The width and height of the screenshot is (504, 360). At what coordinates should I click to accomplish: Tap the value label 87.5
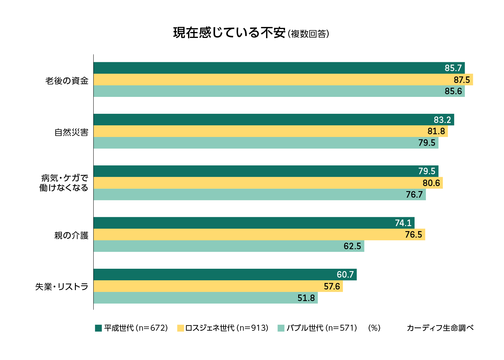(462, 80)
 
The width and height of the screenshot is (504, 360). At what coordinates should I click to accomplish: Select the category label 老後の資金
(67, 81)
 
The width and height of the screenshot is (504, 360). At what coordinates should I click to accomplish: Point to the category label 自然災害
(71, 132)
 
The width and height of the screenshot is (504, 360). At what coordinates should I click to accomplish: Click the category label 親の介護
(71, 235)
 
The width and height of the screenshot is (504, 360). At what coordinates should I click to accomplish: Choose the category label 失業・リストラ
(62, 287)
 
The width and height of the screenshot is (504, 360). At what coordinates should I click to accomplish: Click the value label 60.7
(345, 275)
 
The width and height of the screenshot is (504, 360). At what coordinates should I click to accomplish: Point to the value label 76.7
(414, 195)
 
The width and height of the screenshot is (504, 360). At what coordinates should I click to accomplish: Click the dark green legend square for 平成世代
(98, 328)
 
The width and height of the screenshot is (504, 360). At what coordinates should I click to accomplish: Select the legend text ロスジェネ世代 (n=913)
(227, 328)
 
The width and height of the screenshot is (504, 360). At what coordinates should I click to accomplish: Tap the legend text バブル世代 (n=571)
(322, 328)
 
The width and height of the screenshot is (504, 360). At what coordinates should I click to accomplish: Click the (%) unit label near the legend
(374, 328)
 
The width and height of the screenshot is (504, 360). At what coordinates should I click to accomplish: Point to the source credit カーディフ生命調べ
(440, 328)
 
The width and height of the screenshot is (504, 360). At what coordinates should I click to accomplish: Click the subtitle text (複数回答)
(308, 34)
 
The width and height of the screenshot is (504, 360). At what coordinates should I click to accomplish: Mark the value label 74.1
(403, 223)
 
